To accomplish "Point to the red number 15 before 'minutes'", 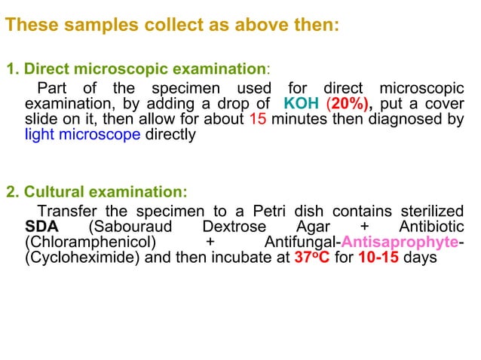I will pos(256,120).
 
